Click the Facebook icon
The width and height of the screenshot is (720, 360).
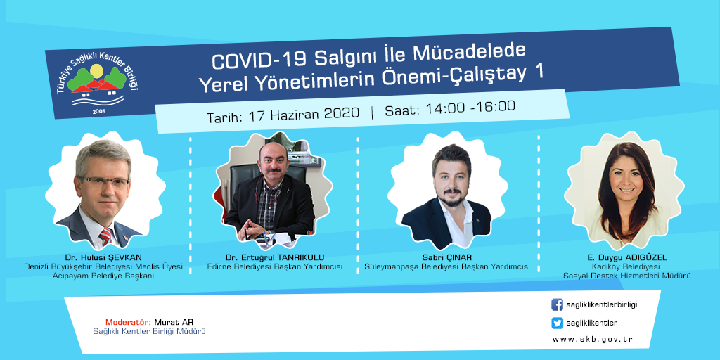(x=557, y=304)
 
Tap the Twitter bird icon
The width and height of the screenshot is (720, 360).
(x=557, y=323)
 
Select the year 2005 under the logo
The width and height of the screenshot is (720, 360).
(x=98, y=112)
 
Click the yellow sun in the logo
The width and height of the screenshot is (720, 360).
(x=96, y=71)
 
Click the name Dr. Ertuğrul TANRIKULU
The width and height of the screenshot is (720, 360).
(x=275, y=257)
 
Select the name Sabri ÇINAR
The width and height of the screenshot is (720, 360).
(x=446, y=257)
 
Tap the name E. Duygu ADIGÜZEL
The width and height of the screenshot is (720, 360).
(x=626, y=257)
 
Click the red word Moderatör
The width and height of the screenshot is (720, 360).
(x=128, y=322)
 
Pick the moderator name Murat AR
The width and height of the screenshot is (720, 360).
(x=171, y=322)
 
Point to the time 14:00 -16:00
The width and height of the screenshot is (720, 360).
(x=470, y=108)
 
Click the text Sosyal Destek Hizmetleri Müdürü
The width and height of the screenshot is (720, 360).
(x=626, y=276)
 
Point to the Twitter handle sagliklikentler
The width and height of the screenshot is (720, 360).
(x=592, y=323)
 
